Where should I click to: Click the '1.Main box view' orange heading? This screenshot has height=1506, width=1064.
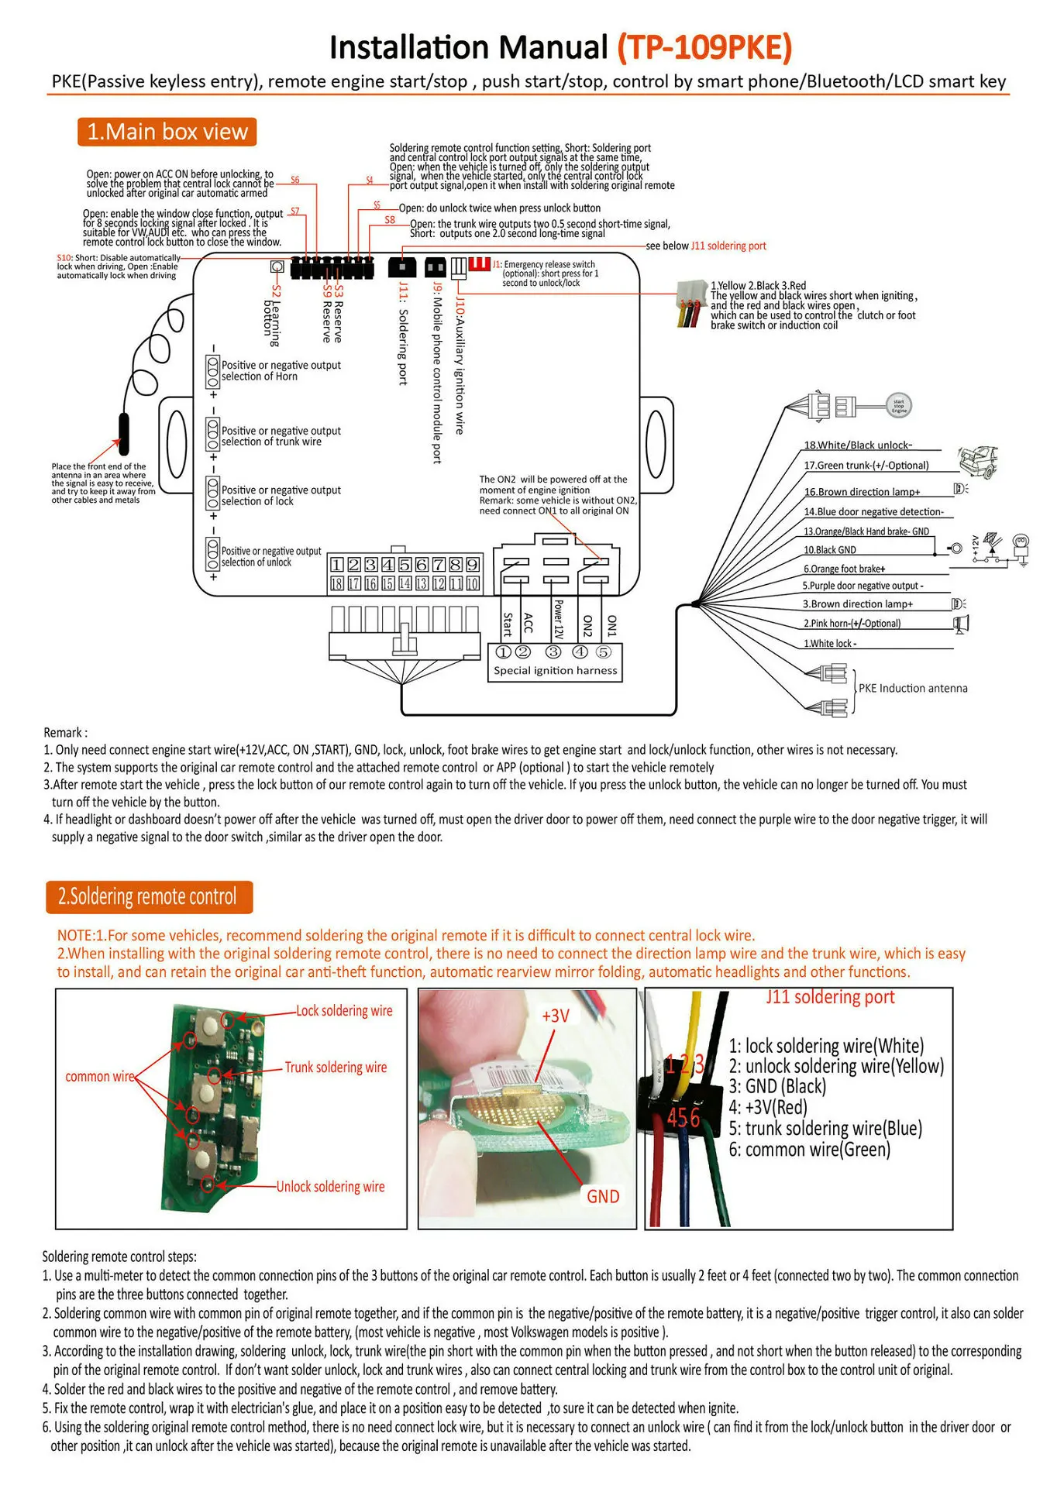(x=167, y=132)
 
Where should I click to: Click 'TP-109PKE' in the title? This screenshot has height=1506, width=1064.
(x=704, y=47)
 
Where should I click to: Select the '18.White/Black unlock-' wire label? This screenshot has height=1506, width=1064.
(x=858, y=445)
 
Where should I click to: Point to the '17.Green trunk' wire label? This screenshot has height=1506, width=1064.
(x=866, y=466)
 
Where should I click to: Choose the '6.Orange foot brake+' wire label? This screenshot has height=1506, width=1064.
(x=844, y=569)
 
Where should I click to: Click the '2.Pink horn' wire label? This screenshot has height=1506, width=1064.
(x=852, y=624)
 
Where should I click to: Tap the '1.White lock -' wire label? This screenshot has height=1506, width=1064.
(x=830, y=644)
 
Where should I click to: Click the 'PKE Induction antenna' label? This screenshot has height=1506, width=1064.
(x=913, y=688)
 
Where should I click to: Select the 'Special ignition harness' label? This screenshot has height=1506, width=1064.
(x=556, y=671)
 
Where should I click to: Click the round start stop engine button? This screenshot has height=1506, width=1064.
(x=899, y=405)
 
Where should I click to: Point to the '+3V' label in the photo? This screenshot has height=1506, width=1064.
(x=556, y=1016)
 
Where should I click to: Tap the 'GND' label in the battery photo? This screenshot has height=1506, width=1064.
(x=603, y=1197)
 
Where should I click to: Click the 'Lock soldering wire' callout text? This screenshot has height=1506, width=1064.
(x=344, y=1011)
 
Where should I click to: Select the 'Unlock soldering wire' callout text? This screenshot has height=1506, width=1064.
(x=330, y=1187)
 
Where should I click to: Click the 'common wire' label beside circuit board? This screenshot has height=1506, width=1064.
(x=99, y=1077)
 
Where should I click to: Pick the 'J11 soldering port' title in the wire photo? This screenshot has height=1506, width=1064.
(x=830, y=997)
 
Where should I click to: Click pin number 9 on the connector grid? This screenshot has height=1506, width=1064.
(x=472, y=565)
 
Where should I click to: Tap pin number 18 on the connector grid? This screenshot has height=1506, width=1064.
(x=337, y=583)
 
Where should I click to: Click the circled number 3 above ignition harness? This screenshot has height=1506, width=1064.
(x=553, y=652)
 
